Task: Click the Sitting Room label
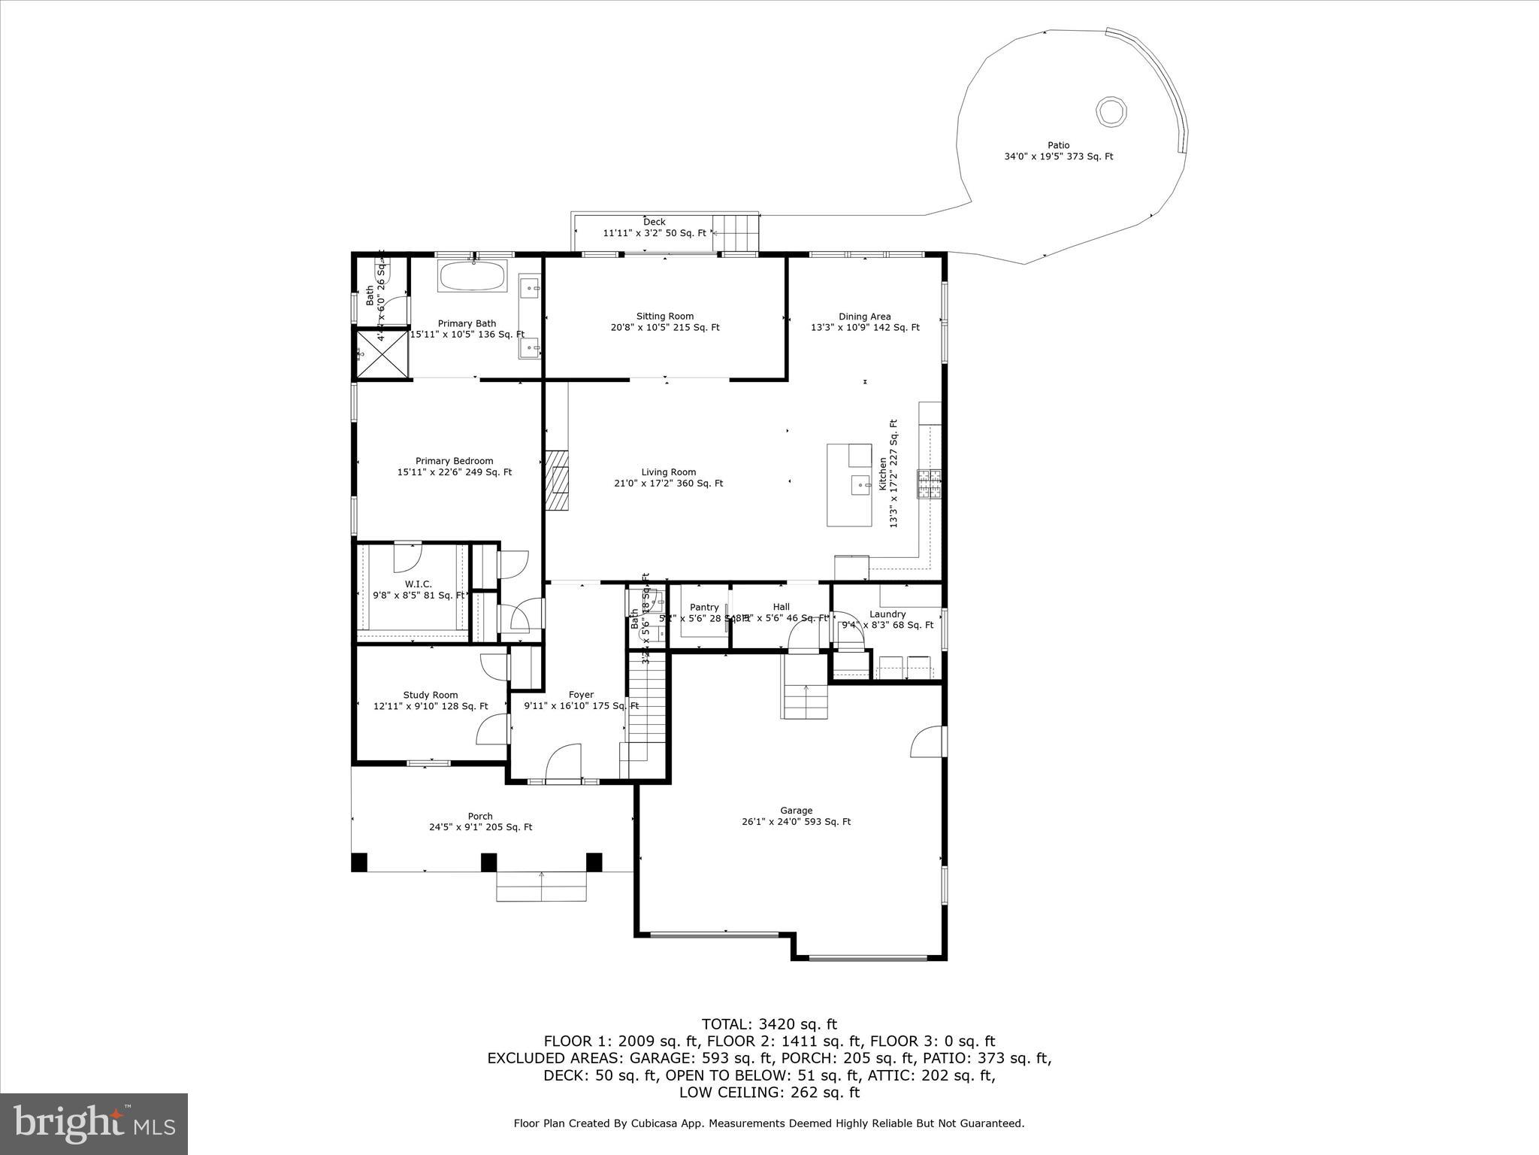point(664,317)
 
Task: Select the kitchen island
point(849,485)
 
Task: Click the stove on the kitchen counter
point(929,484)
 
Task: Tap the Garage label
point(796,811)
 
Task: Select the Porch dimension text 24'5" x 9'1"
point(480,827)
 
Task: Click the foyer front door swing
point(563,763)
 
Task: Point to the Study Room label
point(430,695)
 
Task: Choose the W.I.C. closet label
point(418,584)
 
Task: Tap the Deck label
point(654,222)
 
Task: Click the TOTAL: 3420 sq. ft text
point(769,1024)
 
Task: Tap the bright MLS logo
point(94,1123)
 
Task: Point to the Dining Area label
point(864,317)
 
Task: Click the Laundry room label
point(887,614)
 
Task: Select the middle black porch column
point(489,862)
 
